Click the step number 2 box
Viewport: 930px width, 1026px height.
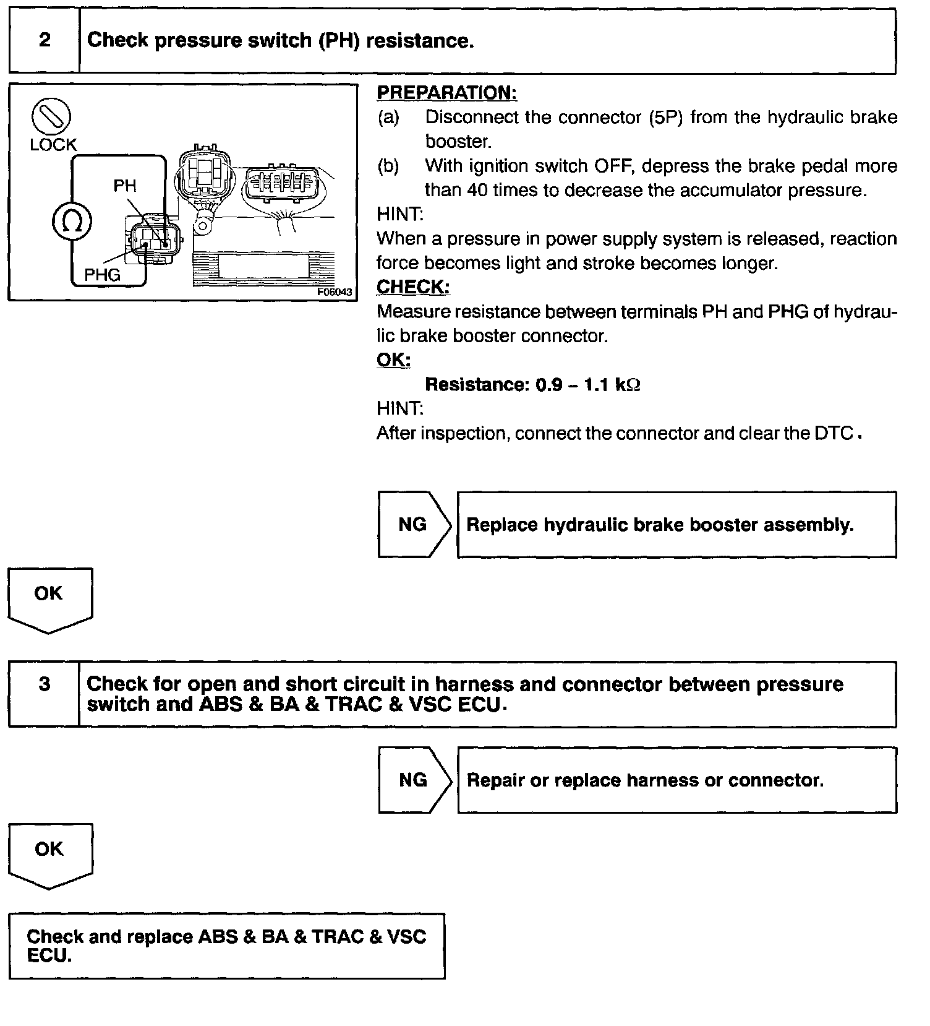(x=45, y=41)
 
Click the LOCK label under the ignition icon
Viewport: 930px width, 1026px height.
(x=53, y=145)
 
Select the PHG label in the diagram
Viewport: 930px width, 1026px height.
(x=102, y=274)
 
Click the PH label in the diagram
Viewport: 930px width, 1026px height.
(x=125, y=186)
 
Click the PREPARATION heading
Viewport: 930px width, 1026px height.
(x=446, y=93)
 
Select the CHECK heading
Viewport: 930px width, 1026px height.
(x=413, y=287)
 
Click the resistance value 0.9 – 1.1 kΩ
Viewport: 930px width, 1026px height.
(x=587, y=385)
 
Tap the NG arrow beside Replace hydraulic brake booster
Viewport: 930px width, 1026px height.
(x=414, y=525)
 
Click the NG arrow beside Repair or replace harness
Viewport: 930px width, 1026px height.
(x=414, y=780)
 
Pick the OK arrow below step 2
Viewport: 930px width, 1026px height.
(x=49, y=598)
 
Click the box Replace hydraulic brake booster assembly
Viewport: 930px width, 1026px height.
(x=676, y=525)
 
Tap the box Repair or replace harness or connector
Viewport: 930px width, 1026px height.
(x=676, y=780)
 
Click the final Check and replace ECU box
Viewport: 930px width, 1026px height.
(x=226, y=946)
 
